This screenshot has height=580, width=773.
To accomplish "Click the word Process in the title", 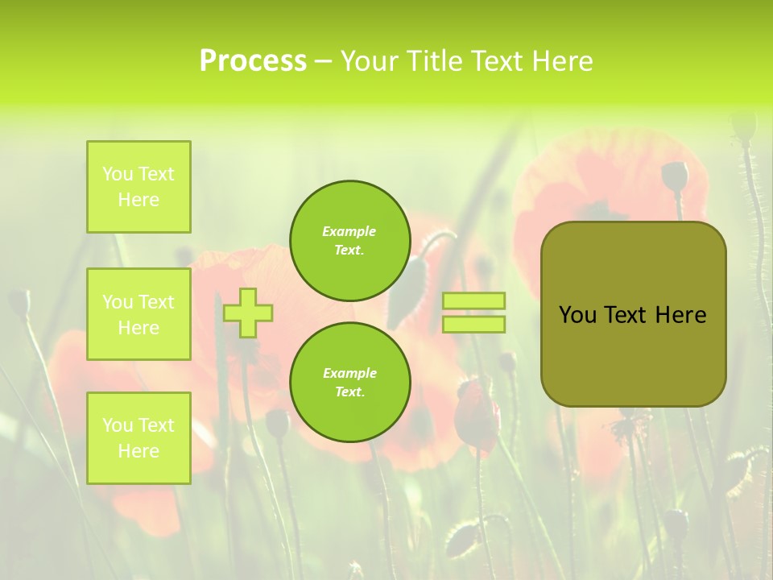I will [253, 61].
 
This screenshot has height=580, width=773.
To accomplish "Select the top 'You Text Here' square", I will [138, 187].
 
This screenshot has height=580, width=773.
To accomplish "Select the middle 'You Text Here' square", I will [138, 314].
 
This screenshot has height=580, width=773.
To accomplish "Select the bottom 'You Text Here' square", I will [138, 438].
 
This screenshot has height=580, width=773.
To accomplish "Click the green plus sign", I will [248, 313].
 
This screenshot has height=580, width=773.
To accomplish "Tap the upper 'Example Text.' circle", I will [349, 241].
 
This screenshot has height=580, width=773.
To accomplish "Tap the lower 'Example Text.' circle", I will [349, 383].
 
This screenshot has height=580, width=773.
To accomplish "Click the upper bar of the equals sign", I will [473, 301].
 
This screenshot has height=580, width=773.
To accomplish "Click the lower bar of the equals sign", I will [473, 325].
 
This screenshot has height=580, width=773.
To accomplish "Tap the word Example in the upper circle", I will [349, 231].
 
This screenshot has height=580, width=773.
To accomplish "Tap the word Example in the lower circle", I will [349, 373].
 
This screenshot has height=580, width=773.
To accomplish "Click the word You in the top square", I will [117, 174].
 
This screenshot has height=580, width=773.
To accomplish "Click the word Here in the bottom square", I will [138, 451].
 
